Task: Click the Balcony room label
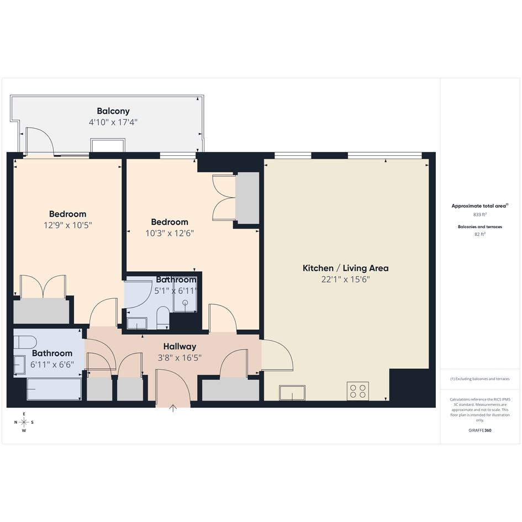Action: [x=113, y=111]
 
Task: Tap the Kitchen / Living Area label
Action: [x=346, y=268]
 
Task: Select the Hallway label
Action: [x=180, y=346]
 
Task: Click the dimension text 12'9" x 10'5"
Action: [x=67, y=225]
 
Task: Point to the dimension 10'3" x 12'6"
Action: [x=170, y=233]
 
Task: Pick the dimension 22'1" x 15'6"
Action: [x=346, y=280]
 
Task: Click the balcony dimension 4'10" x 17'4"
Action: [x=113, y=122]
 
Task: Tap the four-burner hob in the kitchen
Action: [x=358, y=391]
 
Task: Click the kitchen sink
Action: [x=292, y=393]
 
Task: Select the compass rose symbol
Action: [x=24, y=423]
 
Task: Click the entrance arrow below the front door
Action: [x=173, y=408]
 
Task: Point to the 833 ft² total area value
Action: [x=479, y=215]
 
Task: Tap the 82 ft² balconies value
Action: [x=479, y=234]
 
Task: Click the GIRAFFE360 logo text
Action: [x=479, y=430]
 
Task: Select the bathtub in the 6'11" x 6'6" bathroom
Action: [x=54, y=389]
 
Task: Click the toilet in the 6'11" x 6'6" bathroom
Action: [x=25, y=342]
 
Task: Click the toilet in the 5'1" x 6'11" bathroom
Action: [x=163, y=318]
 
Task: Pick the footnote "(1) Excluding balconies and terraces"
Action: [x=479, y=379]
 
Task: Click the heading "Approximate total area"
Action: [x=479, y=206]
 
